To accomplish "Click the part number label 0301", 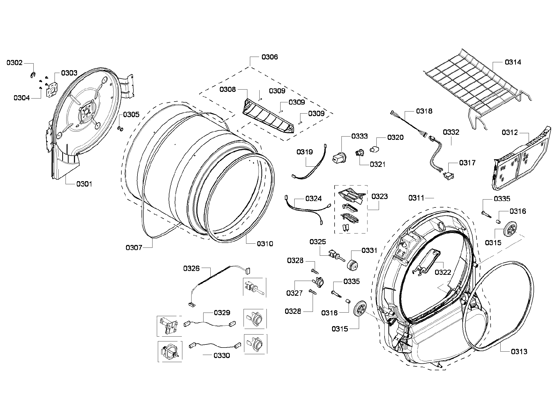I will point(84,184).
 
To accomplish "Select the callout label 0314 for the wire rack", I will point(513,62).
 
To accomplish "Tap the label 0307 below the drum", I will point(134,247).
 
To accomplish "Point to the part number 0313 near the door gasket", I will point(519,352).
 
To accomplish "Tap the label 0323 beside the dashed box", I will point(379,196).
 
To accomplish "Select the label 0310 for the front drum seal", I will point(265,244).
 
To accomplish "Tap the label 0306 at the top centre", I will point(270,57).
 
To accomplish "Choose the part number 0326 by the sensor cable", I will point(191,268).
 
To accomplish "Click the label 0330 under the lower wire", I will point(222,355).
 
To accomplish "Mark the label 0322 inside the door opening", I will point(443,272).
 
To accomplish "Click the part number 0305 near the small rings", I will point(131,114).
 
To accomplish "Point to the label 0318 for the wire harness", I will point(424,111).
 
